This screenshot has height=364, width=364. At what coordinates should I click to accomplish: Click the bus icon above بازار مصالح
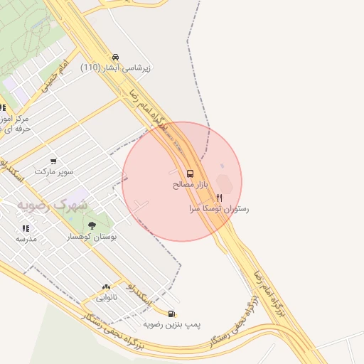click(190, 173)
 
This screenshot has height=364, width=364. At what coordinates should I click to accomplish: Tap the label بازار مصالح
click(190, 184)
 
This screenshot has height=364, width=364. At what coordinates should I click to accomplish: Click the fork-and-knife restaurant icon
click(220, 199)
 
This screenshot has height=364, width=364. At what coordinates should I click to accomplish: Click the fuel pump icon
click(171, 314)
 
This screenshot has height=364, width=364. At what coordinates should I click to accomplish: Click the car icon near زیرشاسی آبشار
click(116, 57)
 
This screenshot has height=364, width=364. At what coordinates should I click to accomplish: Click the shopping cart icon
click(53, 161)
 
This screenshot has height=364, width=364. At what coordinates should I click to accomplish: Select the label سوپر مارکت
click(54, 172)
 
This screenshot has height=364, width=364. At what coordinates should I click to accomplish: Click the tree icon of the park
click(92, 225)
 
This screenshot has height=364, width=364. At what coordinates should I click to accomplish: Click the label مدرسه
click(26, 239)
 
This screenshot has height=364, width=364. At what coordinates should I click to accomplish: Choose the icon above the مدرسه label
click(26, 228)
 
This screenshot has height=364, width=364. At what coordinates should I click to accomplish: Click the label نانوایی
click(106, 296)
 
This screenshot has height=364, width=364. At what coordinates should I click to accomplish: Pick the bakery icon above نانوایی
click(106, 286)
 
